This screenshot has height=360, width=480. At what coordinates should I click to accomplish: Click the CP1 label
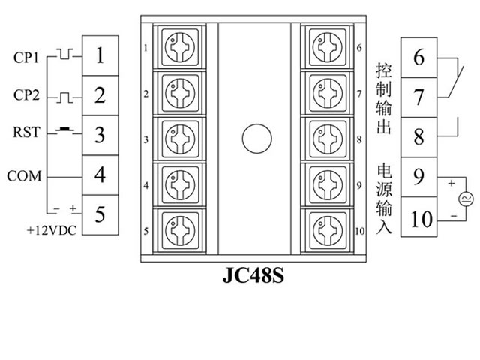[x=25, y=57]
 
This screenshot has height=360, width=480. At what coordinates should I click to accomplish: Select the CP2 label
[x=25, y=96]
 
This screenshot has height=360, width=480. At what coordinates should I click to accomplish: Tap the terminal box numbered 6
[x=419, y=58]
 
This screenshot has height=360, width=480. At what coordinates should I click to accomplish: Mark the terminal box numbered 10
[x=422, y=219]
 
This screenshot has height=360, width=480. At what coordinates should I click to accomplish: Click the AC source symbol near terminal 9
[x=463, y=199]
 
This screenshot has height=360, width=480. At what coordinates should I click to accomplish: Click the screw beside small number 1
[x=179, y=47]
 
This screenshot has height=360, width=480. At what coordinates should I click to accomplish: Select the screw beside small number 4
[x=179, y=182]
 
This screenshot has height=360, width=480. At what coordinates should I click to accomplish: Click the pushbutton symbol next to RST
[x=66, y=130]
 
